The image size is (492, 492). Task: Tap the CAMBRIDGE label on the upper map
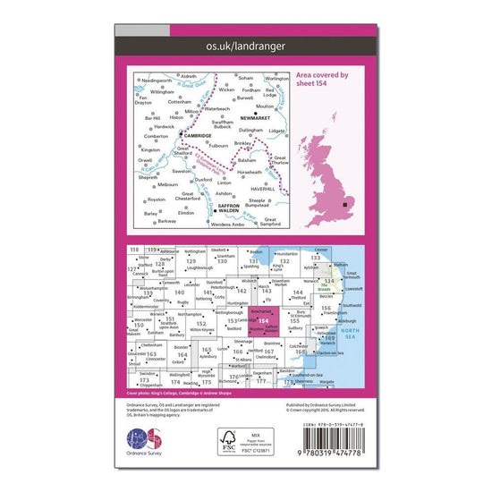click(197, 136)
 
